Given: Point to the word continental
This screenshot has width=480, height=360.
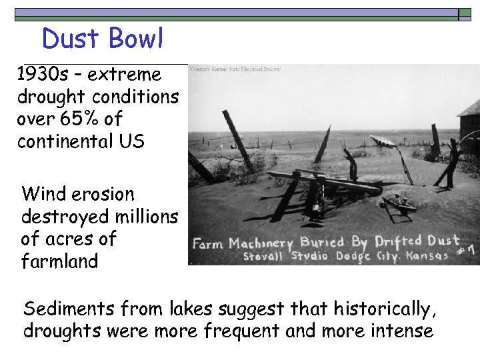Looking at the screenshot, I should pos(66,142).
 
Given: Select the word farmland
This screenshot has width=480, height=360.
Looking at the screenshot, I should pos(59,261).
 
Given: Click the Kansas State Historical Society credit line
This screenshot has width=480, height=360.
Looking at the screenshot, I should pos(235,69).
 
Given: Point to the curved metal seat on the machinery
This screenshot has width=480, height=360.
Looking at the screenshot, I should pos(384,141).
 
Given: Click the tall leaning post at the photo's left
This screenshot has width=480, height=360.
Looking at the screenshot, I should pos(237,140).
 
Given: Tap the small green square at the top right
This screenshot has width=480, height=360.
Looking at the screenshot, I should pos(465,13).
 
